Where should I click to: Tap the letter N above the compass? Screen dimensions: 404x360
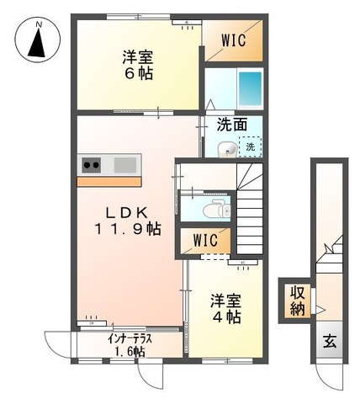36,25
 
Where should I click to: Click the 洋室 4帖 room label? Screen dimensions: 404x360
225,307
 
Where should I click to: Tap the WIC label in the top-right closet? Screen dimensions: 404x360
235,40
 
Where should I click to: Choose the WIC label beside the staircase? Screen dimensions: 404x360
204,240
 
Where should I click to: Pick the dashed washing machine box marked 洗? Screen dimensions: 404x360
250,147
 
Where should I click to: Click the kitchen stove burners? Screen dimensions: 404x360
91,164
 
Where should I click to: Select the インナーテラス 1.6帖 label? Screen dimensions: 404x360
130,344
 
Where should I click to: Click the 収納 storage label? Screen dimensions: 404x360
299,301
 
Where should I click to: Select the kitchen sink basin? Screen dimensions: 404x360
126,164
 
